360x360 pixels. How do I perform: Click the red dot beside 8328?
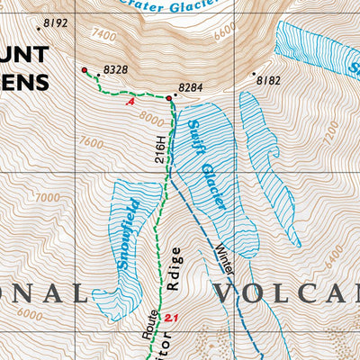tap(85, 69)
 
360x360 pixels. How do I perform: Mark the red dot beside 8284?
tap(168, 97)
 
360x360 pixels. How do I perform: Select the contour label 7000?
tap(47, 197)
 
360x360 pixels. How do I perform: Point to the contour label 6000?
tap(29, 314)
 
